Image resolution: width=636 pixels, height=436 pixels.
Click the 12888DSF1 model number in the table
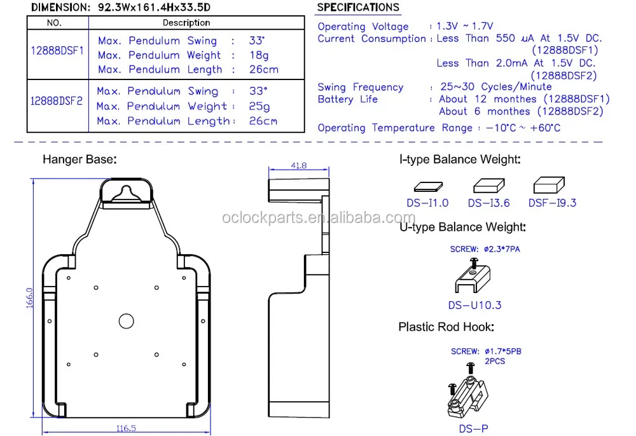pos(57,51)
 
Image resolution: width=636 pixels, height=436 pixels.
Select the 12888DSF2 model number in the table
pos(57,100)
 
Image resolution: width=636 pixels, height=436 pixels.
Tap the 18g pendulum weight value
pos(259,55)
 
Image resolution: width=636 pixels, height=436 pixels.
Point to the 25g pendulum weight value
pos(259,106)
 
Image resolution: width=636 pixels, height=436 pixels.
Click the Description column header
pos(186,23)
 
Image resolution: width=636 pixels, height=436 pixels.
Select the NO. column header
pos(54,23)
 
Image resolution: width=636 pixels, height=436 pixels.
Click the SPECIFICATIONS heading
pos(358,7)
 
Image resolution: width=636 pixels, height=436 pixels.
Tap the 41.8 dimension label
pos(298,165)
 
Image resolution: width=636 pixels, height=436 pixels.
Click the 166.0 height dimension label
pos(29,298)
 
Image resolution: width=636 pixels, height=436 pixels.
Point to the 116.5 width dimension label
pos(126,428)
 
